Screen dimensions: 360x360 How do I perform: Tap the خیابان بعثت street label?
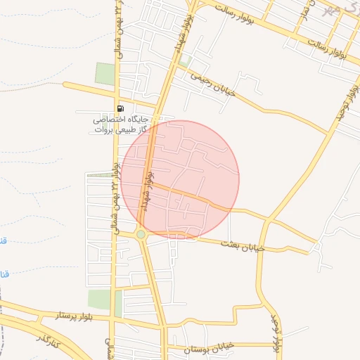click(x=243, y=245)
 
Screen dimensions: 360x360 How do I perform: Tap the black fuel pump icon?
click(x=121, y=108)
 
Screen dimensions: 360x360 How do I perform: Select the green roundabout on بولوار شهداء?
click(x=141, y=234)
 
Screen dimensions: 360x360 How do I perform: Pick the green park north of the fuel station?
click(x=105, y=74)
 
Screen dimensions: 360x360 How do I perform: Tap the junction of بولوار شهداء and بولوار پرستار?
click(x=162, y=326)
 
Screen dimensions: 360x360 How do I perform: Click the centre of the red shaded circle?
click(x=180, y=180)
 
